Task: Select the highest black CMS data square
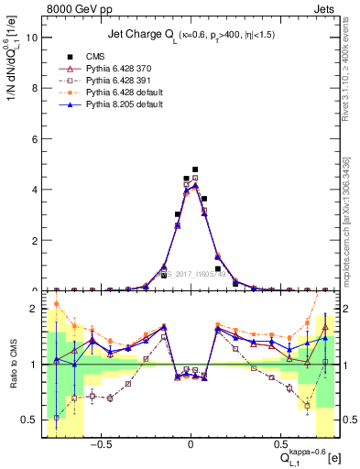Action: click(x=195, y=169)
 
